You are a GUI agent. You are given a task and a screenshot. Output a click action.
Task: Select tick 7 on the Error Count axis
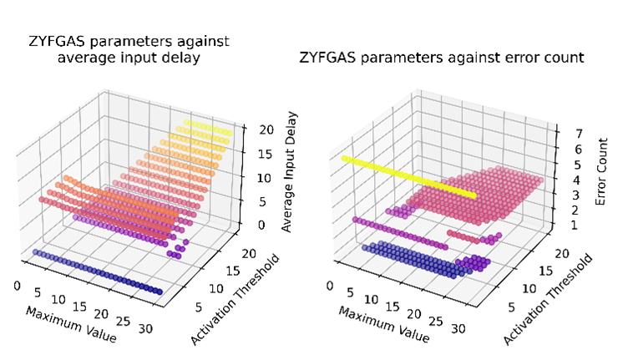[x=567, y=131]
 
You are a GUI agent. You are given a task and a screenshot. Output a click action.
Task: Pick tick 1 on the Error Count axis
[x=567, y=225]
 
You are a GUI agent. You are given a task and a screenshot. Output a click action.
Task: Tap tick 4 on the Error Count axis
[x=567, y=179]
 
